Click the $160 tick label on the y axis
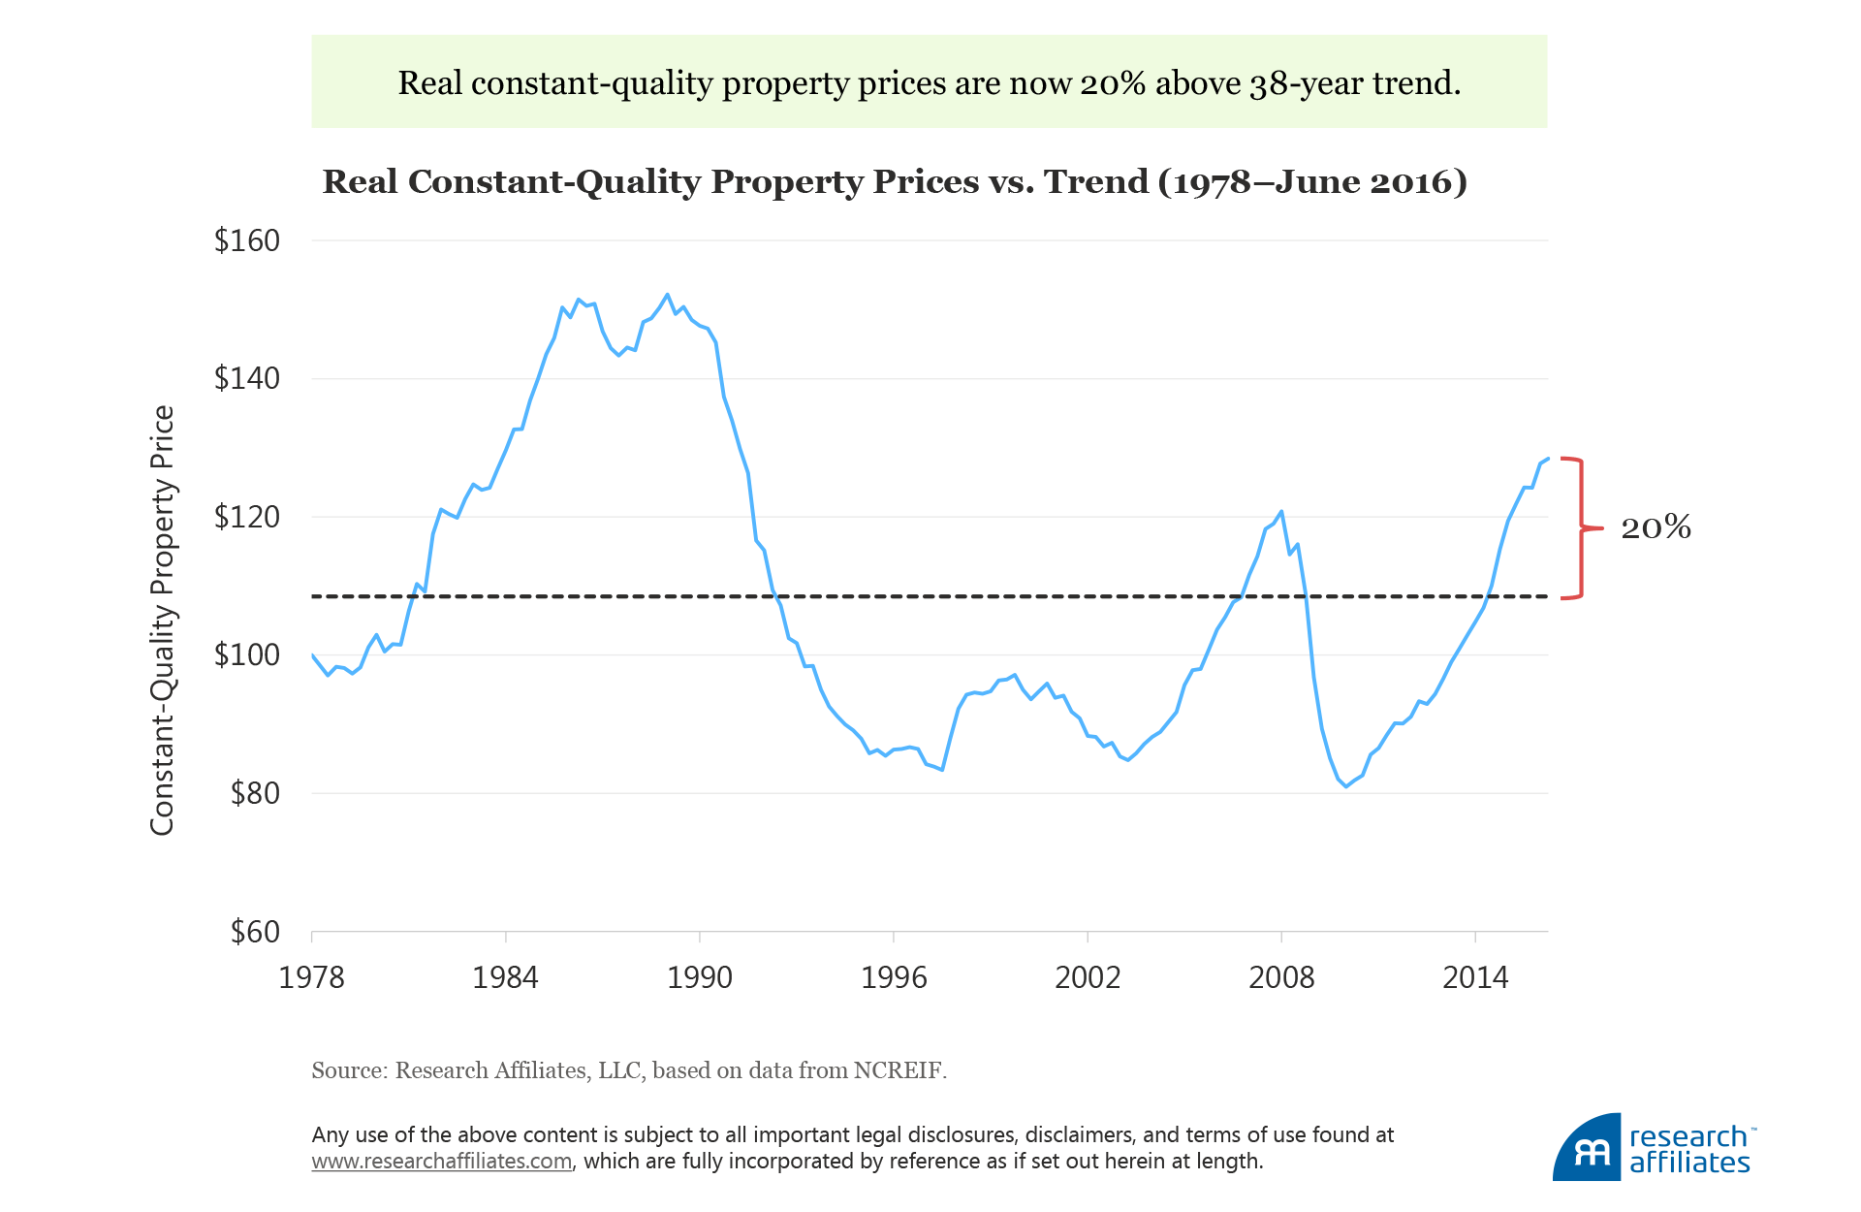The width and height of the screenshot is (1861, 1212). point(247,240)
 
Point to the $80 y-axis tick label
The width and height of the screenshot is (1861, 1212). point(255,793)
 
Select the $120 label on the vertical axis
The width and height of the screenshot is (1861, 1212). point(247,517)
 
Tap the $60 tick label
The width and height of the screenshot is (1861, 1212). point(255,932)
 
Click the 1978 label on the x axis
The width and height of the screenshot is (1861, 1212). point(311,977)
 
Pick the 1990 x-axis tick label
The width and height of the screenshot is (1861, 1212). point(699,977)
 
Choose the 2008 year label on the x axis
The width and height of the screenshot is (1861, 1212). point(1281,977)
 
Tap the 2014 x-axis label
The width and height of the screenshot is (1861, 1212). point(1475,977)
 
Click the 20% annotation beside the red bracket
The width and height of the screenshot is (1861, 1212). point(1656,527)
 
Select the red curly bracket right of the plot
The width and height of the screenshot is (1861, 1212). point(1582,528)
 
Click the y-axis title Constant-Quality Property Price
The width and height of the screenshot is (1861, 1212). point(163,621)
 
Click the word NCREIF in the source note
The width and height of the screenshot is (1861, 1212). point(897,1070)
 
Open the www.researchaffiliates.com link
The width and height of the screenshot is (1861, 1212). point(441,1162)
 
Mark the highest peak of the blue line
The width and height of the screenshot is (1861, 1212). point(667,295)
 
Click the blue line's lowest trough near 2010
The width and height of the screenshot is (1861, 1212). point(1345,786)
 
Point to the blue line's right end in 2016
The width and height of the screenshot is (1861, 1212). point(1547,459)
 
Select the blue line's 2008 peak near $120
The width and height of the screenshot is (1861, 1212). point(1281,511)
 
